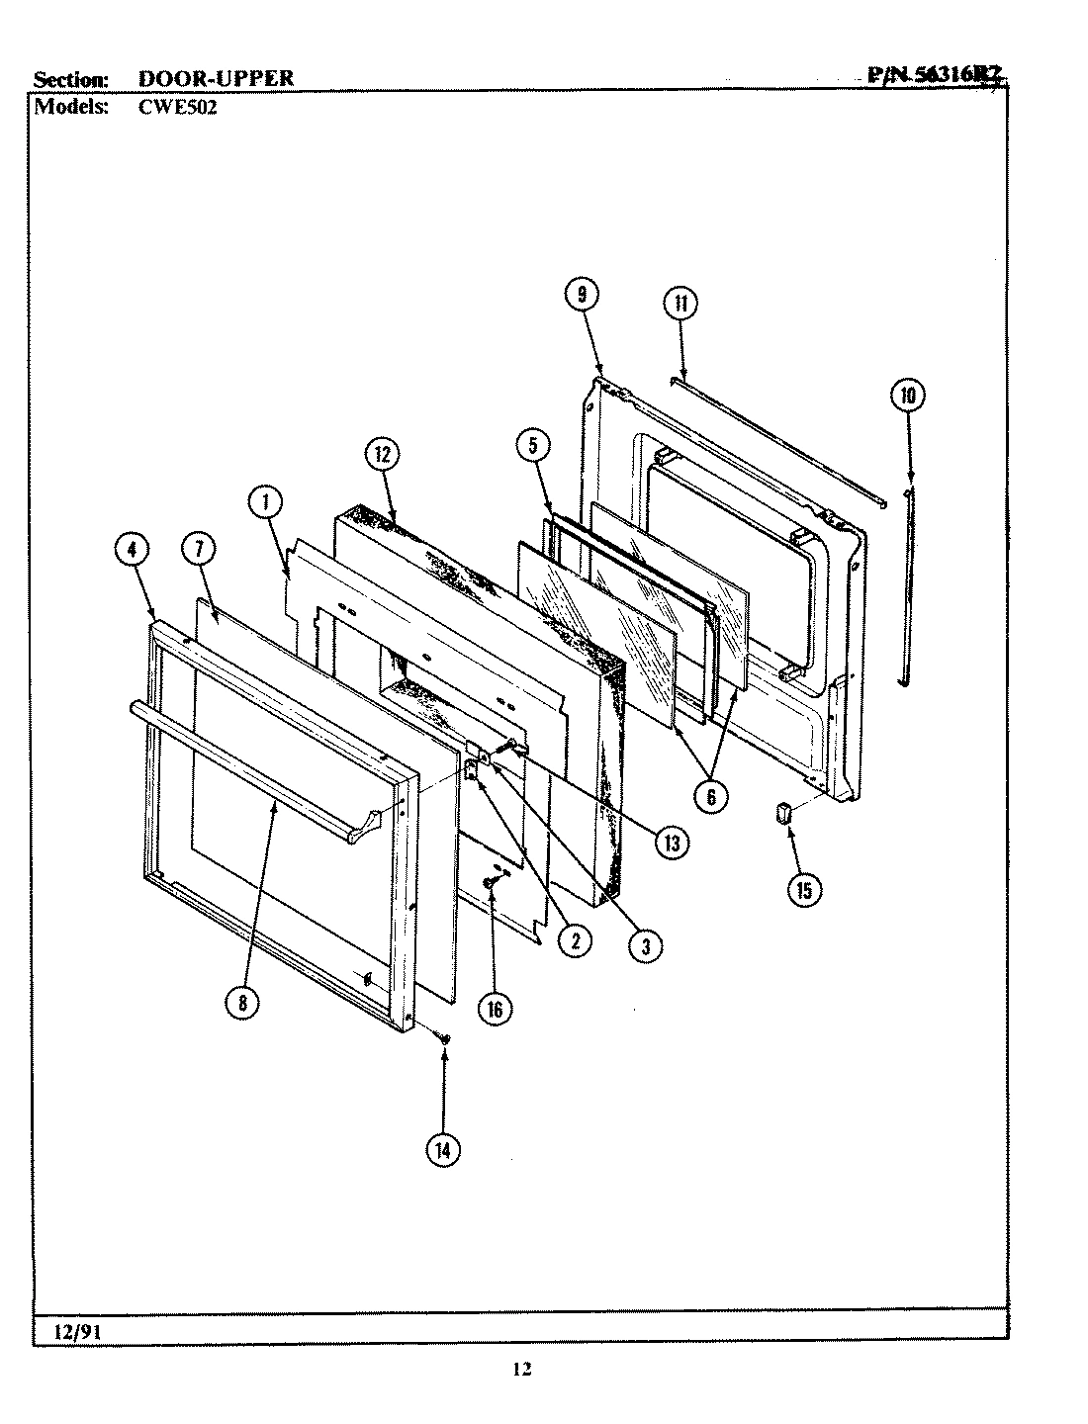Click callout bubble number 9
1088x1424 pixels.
(582, 294)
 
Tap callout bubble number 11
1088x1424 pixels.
(680, 304)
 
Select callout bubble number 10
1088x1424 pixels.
(908, 397)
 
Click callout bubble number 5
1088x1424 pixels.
(532, 446)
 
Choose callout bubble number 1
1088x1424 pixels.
(265, 503)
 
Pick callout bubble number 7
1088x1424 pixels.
(198, 551)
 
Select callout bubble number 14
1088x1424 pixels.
(443, 1150)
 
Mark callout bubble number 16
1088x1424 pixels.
(495, 1008)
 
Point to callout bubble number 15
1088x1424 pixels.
(803, 890)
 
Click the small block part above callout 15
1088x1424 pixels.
(786, 813)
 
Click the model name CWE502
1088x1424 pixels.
(170, 107)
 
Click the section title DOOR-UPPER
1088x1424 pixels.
(216, 78)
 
